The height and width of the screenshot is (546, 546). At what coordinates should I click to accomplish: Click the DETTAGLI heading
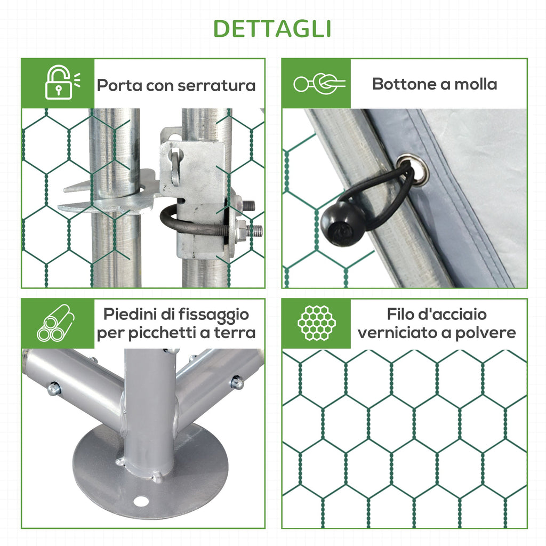click(272, 29)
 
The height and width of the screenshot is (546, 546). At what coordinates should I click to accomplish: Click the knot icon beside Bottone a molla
click(319, 84)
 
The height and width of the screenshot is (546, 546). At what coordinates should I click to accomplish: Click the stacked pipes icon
click(55, 323)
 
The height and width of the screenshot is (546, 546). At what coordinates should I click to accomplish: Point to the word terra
click(235, 333)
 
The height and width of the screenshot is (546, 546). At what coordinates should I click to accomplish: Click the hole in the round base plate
click(141, 501)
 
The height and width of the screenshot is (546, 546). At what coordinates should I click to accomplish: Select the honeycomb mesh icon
click(317, 323)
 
